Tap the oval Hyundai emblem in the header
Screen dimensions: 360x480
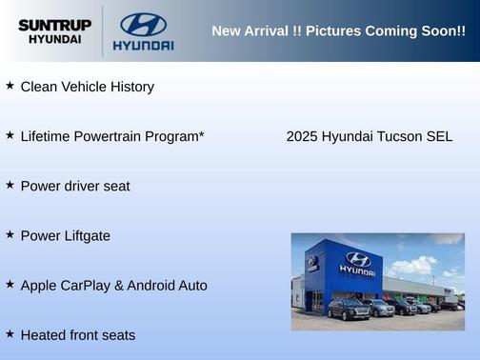(x=143, y=24)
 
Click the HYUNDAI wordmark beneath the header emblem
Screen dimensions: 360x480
(x=143, y=45)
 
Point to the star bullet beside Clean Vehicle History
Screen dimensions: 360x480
(x=10, y=86)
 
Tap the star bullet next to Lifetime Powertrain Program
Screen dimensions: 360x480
(x=10, y=135)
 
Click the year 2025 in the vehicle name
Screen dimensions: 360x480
(x=302, y=136)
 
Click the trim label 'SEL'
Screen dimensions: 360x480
(x=439, y=136)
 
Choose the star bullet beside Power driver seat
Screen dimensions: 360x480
(x=10, y=185)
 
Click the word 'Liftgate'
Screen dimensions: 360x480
(x=85, y=235)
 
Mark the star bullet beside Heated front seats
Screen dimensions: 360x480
(x=10, y=334)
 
